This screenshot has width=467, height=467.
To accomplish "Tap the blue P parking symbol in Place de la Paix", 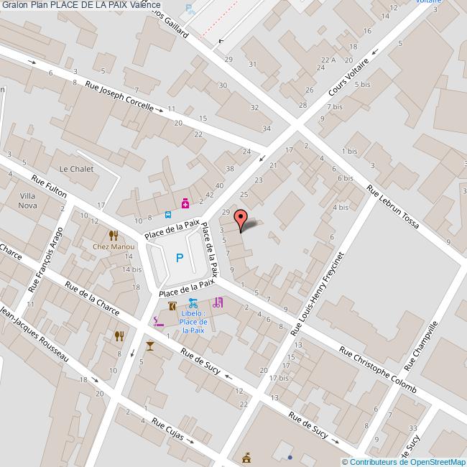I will pyautogui.click(x=180, y=258).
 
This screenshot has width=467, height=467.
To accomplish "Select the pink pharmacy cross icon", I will pyautogui.click(x=185, y=204).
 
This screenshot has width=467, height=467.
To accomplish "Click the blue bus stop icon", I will pyautogui.click(x=168, y=213).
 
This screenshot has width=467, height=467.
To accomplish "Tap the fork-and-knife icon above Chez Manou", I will pyautogui.click(x=112, y=235).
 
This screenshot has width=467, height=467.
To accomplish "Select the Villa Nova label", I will pyautogui.click(x=28, y=200).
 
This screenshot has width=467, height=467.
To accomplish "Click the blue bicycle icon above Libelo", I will pyautogui.click(x=193, y=302).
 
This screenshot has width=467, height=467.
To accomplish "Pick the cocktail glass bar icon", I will pyautogui.click(x=149, y=346).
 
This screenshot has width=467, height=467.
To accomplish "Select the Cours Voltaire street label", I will pyautogui.click(x=348, y=80).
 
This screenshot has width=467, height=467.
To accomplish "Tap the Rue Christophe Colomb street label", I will pyautogui.click(x=377, y=371).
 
